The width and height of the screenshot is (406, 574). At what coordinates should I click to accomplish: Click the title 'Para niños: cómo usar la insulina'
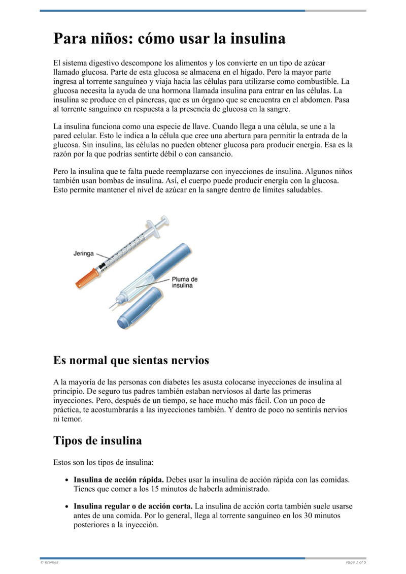170,39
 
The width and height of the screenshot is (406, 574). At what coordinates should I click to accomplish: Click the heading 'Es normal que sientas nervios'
131,361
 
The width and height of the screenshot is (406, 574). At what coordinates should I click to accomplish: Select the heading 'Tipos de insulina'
97,440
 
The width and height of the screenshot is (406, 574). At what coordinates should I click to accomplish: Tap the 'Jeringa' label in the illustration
84,253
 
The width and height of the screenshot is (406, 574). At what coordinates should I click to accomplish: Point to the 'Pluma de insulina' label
185,282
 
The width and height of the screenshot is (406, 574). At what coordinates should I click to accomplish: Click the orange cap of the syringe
85,278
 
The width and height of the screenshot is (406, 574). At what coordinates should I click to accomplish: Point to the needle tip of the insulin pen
110,306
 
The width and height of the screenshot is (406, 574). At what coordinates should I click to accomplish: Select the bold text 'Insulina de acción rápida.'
119,480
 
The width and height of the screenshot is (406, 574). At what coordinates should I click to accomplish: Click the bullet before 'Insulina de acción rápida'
67,480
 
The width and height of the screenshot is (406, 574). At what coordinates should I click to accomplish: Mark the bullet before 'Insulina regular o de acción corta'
67,507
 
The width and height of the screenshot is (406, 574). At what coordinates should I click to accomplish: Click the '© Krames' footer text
49,562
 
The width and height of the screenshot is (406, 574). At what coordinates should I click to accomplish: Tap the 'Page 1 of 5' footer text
356,562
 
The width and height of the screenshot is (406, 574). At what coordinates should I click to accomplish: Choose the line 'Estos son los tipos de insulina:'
103,463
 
